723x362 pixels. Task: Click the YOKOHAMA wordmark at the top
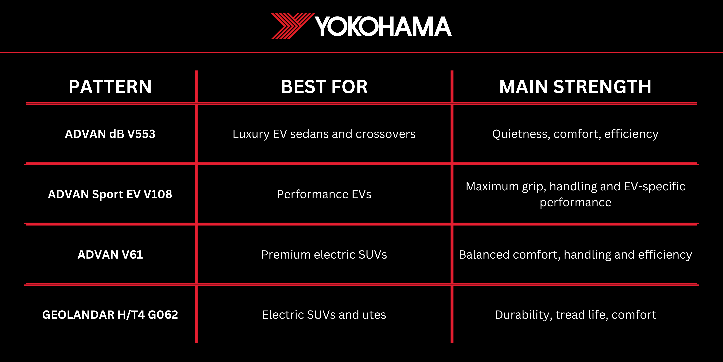coord(383,26)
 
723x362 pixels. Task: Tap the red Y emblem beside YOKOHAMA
coord(292,26)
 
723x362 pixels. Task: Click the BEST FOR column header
coord(324,87)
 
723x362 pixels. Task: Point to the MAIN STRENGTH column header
coord(575,87)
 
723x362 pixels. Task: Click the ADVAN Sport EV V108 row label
coord(110,194)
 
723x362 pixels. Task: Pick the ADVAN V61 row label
coord(110,255)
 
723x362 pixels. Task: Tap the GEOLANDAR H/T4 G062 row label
coord(110,315)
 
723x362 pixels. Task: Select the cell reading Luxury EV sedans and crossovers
coord(324,134)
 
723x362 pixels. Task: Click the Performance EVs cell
coord(324,194)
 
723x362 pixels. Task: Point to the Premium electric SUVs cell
coord(324,255)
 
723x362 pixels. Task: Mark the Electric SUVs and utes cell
coord(324,315)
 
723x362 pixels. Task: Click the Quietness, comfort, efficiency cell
coord(575,134)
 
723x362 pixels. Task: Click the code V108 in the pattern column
coord(158,194)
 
